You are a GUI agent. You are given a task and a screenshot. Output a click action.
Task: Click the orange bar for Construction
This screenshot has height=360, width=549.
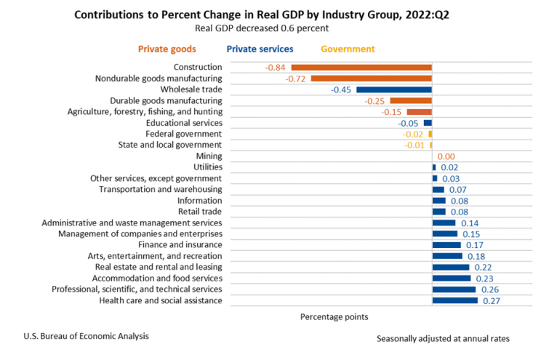click(362, 67)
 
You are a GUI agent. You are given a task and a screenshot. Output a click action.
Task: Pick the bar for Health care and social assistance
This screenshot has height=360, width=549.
click(455, 300)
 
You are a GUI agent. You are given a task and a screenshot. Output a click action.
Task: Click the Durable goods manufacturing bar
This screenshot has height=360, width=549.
click(411, 100)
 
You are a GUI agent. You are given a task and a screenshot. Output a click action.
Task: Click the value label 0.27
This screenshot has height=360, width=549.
click(490, 300)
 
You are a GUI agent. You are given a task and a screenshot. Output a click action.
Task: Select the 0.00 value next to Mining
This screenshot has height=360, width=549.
click(446, 156)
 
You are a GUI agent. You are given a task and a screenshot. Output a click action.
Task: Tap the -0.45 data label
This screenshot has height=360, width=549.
click(341, 89)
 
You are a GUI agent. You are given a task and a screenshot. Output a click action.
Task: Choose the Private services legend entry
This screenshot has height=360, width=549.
click(260, 49)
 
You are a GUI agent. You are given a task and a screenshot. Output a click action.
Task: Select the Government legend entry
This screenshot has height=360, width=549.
click(347, 49)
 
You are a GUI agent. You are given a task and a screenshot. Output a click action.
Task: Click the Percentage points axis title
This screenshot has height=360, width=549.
click(334, 317)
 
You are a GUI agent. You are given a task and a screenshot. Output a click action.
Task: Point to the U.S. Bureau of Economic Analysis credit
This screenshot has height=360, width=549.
click(86, 335)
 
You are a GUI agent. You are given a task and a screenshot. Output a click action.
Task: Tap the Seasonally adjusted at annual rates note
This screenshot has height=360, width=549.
click(444, 339)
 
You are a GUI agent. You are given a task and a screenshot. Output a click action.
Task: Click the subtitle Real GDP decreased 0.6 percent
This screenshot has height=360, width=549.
click(261, 28)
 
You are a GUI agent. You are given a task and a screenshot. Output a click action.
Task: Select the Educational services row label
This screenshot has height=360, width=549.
click(181, 123)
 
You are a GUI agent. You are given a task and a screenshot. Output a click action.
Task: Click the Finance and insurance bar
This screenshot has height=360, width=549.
click(446, 245)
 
